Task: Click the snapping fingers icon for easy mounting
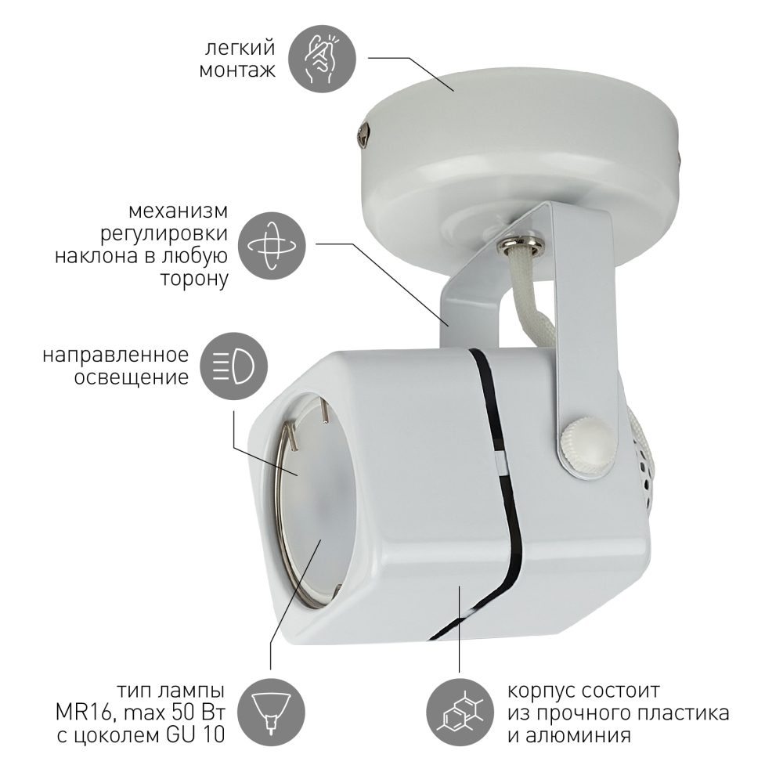pyautogui.click(x=323, y=59)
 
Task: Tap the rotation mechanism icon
pyautogui.click(x=271, y=246)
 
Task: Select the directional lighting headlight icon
pyautogui.click(x=233, y=366)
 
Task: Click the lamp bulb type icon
pyautogui.click(x=271, y=713)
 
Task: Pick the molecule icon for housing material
pyautogui.click(x=460, y=713)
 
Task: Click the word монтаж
pyautogui.click(x=237, y=70)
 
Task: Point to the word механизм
pyautogui.click(x=178, y=211)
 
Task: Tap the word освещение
pyautogui.click(x=132, y=377)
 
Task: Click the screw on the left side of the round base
pyautogui.click(x=363, y=134)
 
